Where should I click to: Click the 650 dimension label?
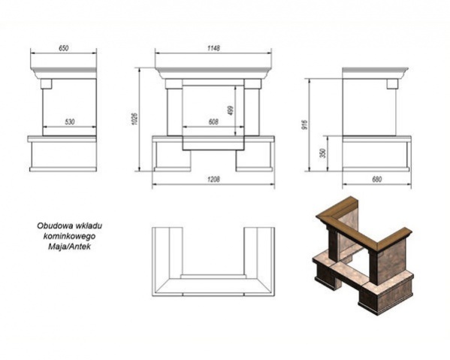click(63, 48)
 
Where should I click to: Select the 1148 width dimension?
click(213, 48)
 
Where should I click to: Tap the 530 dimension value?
click(69, 122)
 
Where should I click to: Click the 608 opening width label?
click(213, 122)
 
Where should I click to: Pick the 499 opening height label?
click(231, 110)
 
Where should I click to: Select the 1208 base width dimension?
click(213, 180)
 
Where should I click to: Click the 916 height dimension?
click(305, 124)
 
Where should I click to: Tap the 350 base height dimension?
click(324, 153)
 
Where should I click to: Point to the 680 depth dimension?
click(377, 180)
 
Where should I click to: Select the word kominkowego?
click(69, 236)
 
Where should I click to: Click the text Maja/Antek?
click(69, 247)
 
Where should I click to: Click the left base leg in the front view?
click(173, 156)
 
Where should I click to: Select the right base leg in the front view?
click(254, 156)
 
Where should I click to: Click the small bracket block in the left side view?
click(46, 83)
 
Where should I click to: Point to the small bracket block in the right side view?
click(392, 83)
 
